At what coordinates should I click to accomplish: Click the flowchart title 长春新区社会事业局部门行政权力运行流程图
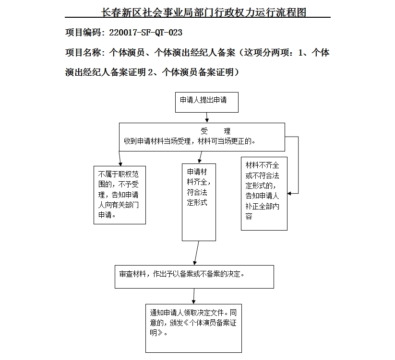(204, 12)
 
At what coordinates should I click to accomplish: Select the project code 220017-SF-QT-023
(146, 33)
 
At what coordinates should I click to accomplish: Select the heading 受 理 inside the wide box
(215, 131)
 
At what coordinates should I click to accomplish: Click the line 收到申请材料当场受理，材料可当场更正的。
(190, 141)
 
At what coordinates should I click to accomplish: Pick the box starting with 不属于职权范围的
(119, 195)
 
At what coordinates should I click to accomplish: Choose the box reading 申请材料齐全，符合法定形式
(199, 202)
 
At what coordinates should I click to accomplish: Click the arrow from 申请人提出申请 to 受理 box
(206, 117)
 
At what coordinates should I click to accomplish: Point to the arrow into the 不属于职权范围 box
(120, 159)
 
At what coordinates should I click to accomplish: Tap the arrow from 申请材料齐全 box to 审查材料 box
(196, 253)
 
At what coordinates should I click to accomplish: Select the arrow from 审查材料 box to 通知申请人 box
(194, 296)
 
